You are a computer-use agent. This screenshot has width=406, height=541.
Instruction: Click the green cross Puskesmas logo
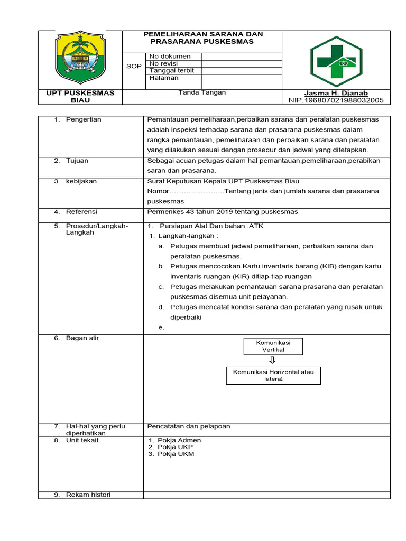pos(336,59)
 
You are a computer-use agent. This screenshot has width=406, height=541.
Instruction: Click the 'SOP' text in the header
pos(134,67)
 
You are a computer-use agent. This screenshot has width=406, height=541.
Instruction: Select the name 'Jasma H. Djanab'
pos(336,93)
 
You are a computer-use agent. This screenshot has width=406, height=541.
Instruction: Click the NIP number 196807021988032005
pos(336,100)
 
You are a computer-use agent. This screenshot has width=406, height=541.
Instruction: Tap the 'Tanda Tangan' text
pos(202,92)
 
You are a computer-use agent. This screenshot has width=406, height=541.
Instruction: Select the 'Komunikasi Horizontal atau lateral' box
pos(273,375)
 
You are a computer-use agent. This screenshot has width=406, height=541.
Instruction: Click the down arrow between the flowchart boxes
pos(272,360)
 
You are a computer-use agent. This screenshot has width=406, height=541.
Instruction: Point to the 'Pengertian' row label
pos(83,119)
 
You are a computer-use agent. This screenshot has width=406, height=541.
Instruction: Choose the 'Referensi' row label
pos(81,212)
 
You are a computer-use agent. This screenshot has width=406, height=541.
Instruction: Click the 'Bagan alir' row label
pos(82,338)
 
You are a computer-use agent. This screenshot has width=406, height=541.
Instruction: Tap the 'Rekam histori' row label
pos(88,495)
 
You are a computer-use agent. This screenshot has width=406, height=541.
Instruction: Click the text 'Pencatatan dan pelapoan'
pos(189,426)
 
